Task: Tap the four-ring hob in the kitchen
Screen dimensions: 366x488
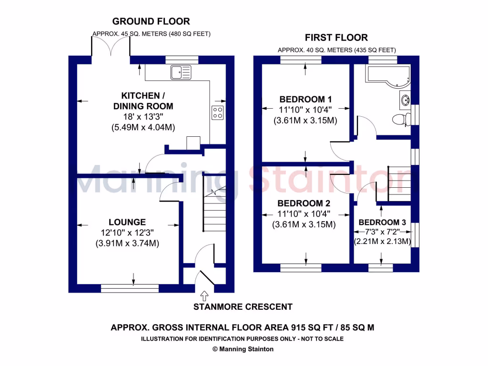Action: pyautogui.click(x=218, y=112)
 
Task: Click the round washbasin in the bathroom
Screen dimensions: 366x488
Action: pyautogui.click(x=405, y=101)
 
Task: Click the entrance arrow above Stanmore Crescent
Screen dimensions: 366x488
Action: pyautogui.click(x=205, y=295)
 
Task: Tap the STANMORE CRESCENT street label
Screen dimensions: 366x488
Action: pyautogui.click(x=243, y=307)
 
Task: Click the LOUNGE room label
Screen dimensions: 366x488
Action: pyautogui.click(x=127, y=222)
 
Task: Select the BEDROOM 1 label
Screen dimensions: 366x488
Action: pyautogui.click(x=305, y=100)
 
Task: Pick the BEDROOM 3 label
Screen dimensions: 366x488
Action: pyautogui.click(x=382, y=223)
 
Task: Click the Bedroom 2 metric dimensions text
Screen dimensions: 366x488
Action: pyautogui.click(x=305, y=224)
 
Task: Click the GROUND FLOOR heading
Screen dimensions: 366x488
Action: pyautogui.click(x=151, y=21)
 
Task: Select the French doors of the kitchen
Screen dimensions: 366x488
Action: pyautogui.click(x=111, y=48)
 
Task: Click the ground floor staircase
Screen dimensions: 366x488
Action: pyautogui.click(x=213, y=210)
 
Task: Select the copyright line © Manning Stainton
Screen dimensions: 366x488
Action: pyautogui.click(x=243, y=349)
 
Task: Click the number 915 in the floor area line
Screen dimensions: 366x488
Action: pyautogui.click(x=300, y=327)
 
